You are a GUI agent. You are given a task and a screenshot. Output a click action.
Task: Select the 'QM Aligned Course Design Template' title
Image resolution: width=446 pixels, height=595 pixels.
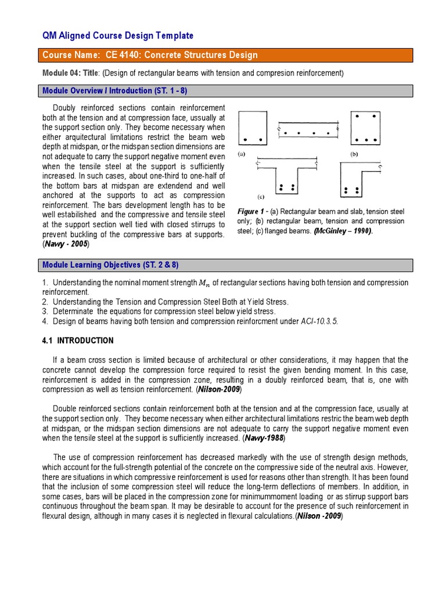click(118, 36)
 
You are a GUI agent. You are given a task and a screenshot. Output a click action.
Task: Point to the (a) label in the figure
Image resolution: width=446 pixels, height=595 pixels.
click(242, 155)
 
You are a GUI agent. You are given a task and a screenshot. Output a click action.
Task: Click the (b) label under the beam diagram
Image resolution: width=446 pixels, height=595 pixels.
click(354, 155)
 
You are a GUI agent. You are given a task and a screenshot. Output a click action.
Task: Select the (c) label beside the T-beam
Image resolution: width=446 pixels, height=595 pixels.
click(261, 196)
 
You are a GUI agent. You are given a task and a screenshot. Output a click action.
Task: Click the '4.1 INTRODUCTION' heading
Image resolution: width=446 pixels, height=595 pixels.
click(78, 340)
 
